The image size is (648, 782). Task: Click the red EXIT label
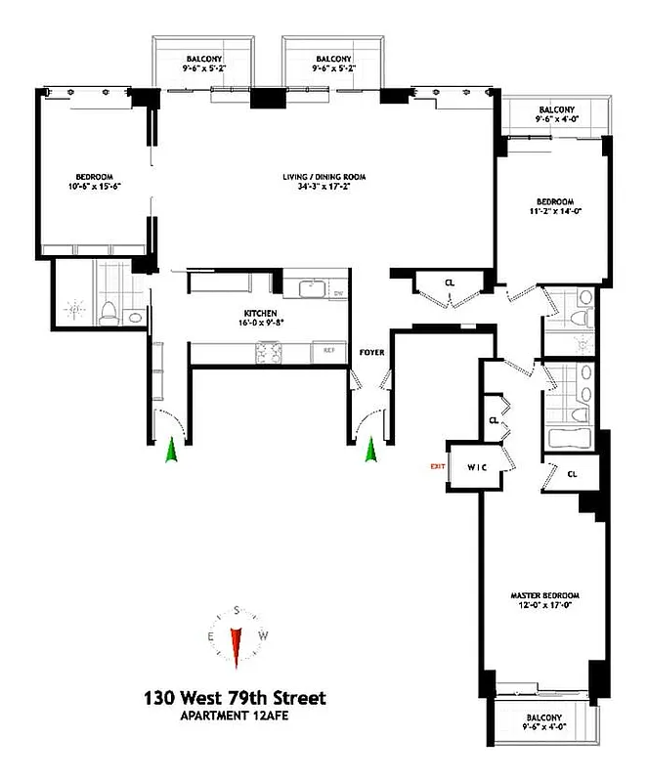[x=438, y=466]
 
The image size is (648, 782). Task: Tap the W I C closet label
[x=476, y=466]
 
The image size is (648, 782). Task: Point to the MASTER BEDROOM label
[x=545, y=595]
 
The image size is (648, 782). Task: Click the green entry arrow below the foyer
[x=371, y=452]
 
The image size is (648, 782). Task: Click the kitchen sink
[x=312, y=288]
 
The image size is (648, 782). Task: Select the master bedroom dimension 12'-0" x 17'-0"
[x=545, y=606]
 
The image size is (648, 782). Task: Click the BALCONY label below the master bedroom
[x=544, y=717]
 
